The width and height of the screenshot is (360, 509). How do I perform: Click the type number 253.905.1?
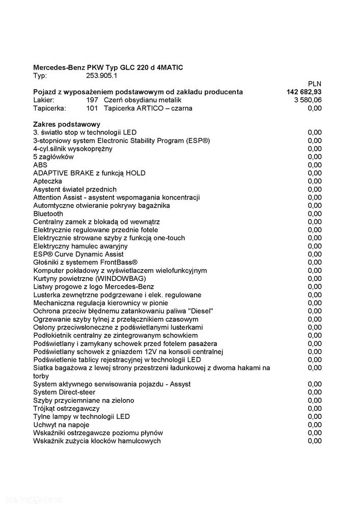[x=102, y=75]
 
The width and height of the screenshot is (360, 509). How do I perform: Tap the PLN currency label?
[x=315, y=83]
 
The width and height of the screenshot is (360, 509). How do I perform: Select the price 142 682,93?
[x=304, y=92]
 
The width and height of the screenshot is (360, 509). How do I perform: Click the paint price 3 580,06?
[x=308, y=100]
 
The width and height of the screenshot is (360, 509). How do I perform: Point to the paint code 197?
[x=92, y=100]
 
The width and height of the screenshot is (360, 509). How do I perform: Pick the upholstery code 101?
[x=92, y=108]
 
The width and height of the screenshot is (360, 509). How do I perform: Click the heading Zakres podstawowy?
[x=67, y=124]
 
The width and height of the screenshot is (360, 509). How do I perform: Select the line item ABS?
[x=40, y=165]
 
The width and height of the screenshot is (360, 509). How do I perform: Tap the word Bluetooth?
[x=48, y=214]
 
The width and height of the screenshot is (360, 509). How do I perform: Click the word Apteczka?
[x=48, y=181]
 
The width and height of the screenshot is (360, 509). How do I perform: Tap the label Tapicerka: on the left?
[x=49, y=108]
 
